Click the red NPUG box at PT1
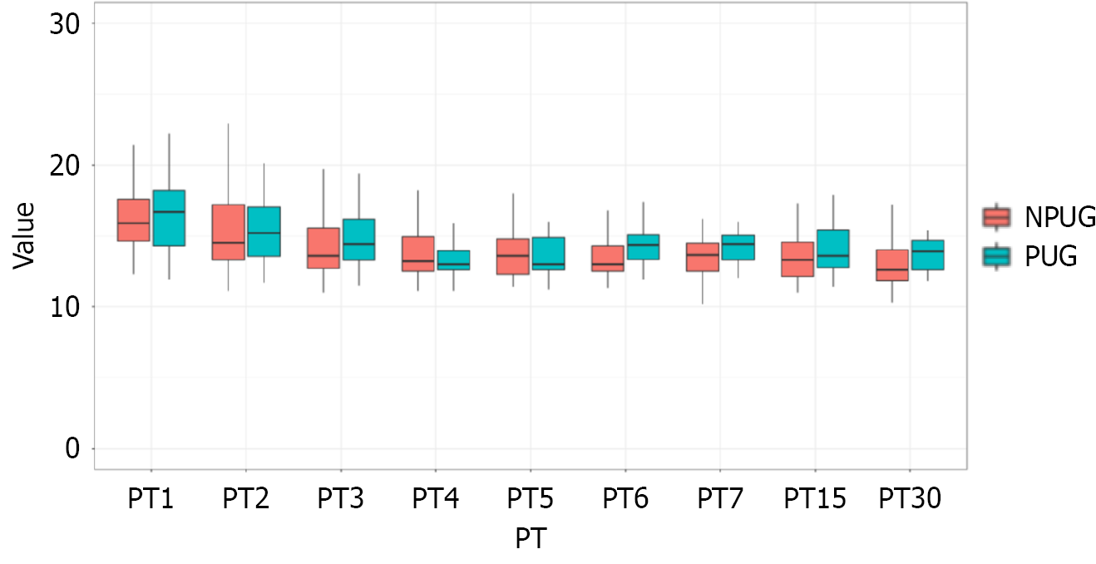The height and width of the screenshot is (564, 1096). point(133,220)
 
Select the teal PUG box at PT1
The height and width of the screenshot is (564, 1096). point(169,218)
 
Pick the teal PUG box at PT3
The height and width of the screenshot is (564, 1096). point(359,240)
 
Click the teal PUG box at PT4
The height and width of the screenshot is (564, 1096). point(454,260)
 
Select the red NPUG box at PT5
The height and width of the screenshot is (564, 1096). point(513,256)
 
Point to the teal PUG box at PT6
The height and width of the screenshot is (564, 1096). point(643,247)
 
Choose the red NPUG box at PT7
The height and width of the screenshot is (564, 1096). point(703,257)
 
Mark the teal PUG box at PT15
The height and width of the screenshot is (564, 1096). point(832,249)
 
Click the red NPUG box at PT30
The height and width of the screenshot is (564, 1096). point(892,265)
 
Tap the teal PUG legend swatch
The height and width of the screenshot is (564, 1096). point(996,256)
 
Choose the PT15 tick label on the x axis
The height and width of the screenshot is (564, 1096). point(815,500)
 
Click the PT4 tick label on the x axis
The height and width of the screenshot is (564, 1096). point(436,500)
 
